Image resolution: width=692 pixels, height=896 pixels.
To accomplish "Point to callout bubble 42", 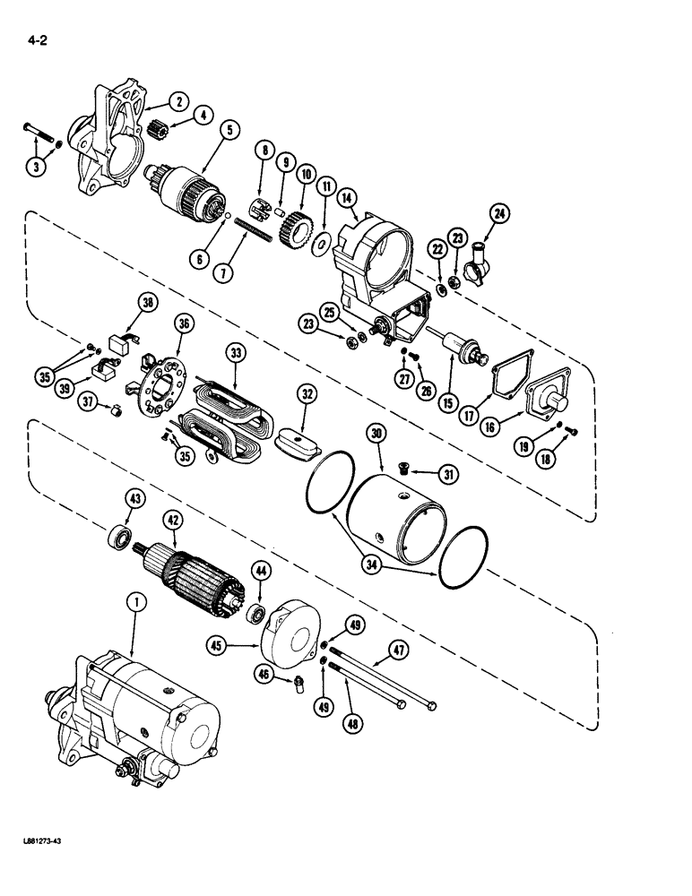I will pos(170,520).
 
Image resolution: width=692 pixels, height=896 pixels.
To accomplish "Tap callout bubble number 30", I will pos(377,433).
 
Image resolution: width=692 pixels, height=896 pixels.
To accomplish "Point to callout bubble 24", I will pos(497,214).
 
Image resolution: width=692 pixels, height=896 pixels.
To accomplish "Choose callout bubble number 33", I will pos(237,354).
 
